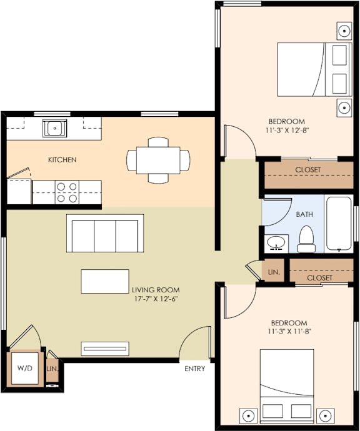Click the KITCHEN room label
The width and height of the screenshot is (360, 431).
point(62,160)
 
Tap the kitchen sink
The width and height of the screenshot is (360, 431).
point(55,129)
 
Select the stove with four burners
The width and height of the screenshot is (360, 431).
point(67,192)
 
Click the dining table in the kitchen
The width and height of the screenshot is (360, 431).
point(157,160)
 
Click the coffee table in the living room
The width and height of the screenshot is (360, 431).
point(105,281)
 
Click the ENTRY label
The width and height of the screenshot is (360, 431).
point(194,369)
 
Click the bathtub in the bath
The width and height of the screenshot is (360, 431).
point(339,224)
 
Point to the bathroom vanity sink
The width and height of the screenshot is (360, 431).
point(275,242)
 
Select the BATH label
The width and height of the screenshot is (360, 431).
point(304,214)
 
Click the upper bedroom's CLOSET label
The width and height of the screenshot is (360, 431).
point(308,170)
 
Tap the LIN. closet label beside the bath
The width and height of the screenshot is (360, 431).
point(274,273)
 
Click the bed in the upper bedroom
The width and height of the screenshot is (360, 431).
point(312,69)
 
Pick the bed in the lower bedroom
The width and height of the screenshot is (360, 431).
point(287,378)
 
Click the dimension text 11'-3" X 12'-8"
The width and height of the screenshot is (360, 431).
point(286,131)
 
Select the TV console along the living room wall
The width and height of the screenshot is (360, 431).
point(105,349)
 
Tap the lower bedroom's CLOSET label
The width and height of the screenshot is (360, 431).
point(320,277)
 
